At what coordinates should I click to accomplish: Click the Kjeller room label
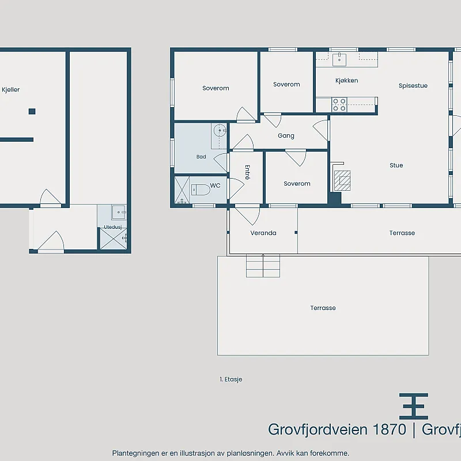[x=10, y=90]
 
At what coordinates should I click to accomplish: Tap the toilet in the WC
[x=201, y=190]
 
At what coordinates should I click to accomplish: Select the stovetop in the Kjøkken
[x=339, y=105]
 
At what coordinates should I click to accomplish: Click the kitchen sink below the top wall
[x=339, y=59]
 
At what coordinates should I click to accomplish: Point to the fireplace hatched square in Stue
[x=342, y=180]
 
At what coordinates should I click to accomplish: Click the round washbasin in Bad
[x=220, y=131]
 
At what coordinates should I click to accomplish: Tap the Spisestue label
[x=413, y=85]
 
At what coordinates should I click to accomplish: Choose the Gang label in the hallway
[x=286, y=135]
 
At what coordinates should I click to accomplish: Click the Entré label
[x=248, y=172]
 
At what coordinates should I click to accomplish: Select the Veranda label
[x=263, y=233]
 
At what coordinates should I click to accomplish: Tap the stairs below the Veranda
[x=263, y=266]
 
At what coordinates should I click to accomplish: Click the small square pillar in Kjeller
[x=32, y=111]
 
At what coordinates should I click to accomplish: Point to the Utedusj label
[x=113, y=227]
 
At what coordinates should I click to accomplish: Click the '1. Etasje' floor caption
[x=231, y=379]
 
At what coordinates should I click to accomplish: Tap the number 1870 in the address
[x=390, y=429]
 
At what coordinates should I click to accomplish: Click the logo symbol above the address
[x=414, y=406]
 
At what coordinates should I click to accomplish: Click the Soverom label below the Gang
[x=297, y=183]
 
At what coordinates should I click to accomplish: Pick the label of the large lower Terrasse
[x=323, y=308]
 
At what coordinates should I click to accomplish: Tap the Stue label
[x=396, y=165]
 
